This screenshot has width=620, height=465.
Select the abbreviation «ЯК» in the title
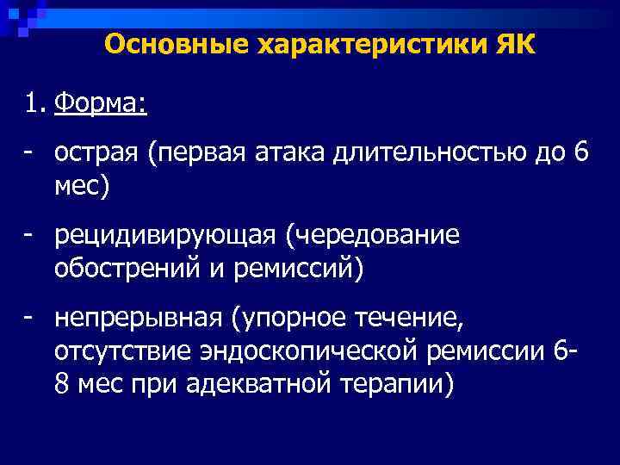click(x=515, y=45)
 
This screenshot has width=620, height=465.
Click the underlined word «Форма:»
click(x=100, y=107)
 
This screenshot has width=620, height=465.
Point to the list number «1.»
click(x=34, y=107)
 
